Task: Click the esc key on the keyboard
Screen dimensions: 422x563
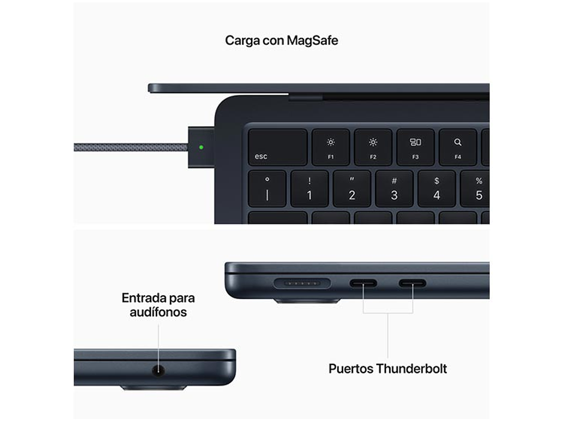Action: click(x=277, y=147)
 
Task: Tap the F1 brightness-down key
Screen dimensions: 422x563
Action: click(x=330, y=147)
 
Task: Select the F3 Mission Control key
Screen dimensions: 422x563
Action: click(x=415, y=147)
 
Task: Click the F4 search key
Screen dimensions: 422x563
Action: click(x=458, y=147)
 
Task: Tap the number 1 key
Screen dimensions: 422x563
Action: click(x=309, y=189)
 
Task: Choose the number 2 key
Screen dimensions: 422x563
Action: click(x=352, y=189)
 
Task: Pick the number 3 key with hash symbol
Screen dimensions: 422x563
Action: click(x=394, y=189)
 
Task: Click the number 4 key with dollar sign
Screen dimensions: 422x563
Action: click(x=437, y=189)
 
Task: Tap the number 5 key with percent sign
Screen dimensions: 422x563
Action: click(x=476, y=189)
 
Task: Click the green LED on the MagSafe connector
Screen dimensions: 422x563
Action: click(x=201, y=147)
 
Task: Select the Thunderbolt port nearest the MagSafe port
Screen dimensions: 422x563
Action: click(x=363, y=284)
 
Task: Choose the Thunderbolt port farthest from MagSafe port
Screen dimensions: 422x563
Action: click(x=413, y=284)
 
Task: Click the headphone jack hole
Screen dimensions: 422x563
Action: click(x=159, y=370)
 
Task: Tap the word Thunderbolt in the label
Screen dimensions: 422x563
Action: click(x=411, y=368)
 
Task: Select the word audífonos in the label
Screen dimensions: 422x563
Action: click(x=158, y=312)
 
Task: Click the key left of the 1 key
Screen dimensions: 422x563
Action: click(x=267, y=189)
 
